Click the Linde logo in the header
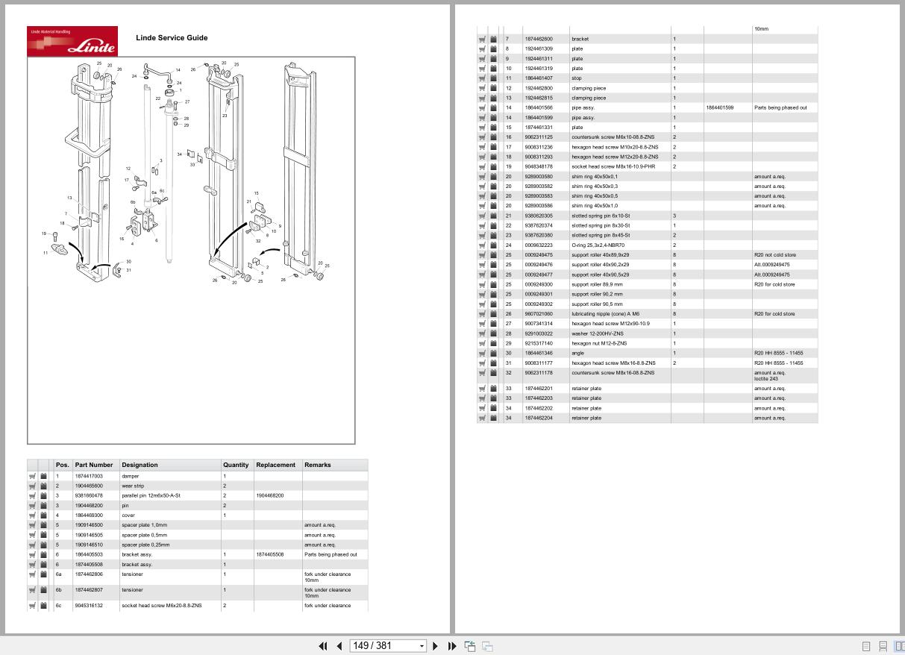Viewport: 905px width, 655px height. pyautogui.click(x=72, y=41)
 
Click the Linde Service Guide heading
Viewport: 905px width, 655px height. pyautogui.click(x=172, y=38)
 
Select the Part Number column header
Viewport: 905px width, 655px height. pyautogui.click(x=94, y=465)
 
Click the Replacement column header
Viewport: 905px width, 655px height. pyautogui.click(x=276, y=465)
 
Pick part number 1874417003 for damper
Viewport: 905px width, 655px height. pyautogui.click(x=89, y=476)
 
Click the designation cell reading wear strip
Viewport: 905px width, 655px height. pyautogui.click(x=133, y=486)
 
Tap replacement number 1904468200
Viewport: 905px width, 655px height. pyautogui.click(x=269, y=495)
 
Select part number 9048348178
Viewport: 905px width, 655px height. pyautogui.click(x=539, y=166)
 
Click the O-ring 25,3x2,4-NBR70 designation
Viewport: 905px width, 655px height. pyautogui.click(x=598, y=245)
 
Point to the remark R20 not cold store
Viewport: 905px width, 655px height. pyautogui.click(x=774, y=255)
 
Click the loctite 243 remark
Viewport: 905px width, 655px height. pyautogui.click(x=766, y=379)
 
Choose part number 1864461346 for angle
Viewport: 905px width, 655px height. pyautogui.click(x=539, y=353)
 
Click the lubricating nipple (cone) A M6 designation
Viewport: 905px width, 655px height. pyautogui.click(x=605, y=314)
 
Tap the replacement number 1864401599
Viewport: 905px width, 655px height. pyautogui.click(x=719, y=107)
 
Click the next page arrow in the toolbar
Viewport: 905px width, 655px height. pyautogui.click(x=436, y=646)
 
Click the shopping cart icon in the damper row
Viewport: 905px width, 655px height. pyautogui.click(x=32, y=476)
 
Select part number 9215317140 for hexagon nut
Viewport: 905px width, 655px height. pyautogui.click(x=539, y=343)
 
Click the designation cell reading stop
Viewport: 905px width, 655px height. pyautogui.click(x=576, y=78)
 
